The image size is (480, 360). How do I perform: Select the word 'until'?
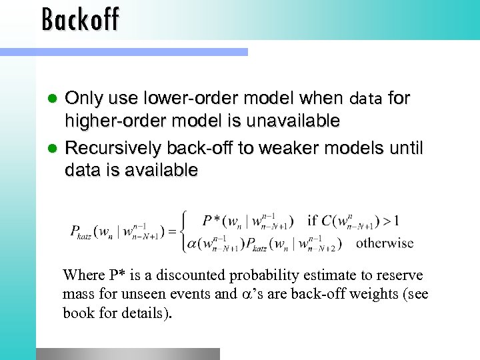pyautogui.click(x=404, y=147)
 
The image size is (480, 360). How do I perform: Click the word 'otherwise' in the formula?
pyautogui.click(x=385, y=243)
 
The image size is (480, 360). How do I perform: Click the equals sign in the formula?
pyautogui.click(x=172, y=232)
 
